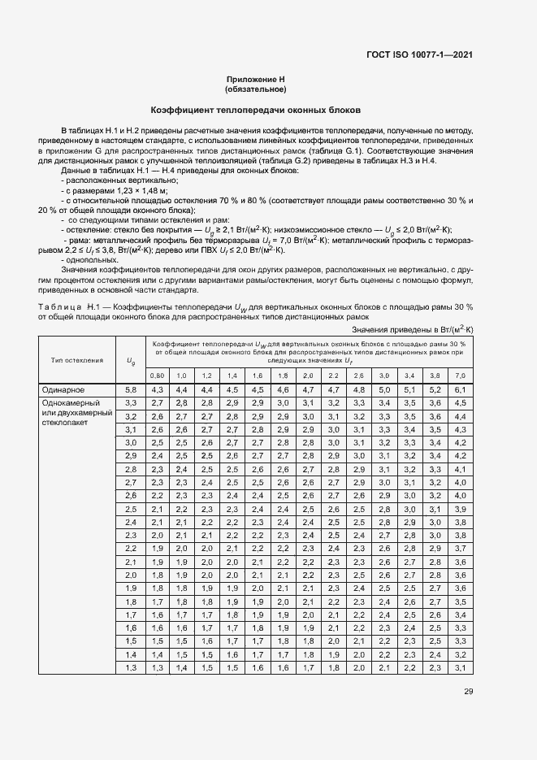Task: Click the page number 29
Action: pos(468,692)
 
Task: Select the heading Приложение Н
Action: pos(256,80)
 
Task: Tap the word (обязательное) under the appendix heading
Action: pos(256,89)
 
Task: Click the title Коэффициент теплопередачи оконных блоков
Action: pos(256,110)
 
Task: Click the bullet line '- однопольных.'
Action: pos(90,259)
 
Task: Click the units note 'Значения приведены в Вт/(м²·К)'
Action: pos(413,330)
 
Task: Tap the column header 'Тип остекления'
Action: pos(77,359)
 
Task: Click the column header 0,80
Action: pos(158,376)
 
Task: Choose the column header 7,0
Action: pos(461,376)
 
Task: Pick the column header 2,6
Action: pos(358,376)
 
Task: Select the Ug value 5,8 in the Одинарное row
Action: pos(130,390)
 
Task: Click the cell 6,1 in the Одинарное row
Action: pos(461,390)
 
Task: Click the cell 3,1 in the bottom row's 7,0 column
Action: pos(461,667)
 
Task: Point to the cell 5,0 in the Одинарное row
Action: pos(383,390)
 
